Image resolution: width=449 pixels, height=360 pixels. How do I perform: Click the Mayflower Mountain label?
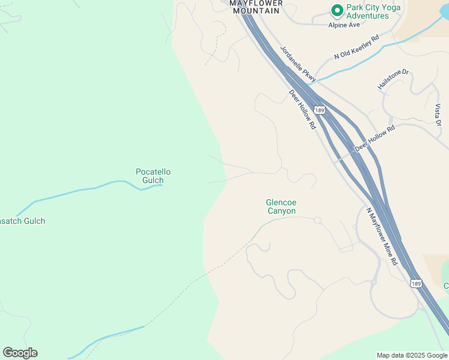(255, 7)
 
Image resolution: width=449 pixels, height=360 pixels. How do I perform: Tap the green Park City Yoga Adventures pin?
(337, 11)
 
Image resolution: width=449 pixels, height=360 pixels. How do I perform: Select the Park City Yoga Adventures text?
(367, 11)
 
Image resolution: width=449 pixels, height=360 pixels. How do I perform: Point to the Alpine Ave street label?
(344, 25)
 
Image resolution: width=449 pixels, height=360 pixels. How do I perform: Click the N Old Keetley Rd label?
(357, 47)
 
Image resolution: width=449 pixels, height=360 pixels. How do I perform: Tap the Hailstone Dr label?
(393, 80)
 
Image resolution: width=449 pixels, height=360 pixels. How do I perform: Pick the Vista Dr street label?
(438, 115)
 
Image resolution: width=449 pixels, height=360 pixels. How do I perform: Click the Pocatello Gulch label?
(153, 176)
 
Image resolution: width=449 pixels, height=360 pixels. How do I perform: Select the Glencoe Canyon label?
(281, 206)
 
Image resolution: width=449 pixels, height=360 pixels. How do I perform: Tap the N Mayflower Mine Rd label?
(382, 236)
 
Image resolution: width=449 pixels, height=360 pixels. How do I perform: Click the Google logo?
(20, 353)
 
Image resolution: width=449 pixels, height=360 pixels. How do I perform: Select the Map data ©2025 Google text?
(411, 355)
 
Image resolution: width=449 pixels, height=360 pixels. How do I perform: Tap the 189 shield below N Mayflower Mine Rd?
(416, 283)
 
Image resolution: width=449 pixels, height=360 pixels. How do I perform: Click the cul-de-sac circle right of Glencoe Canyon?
(318, 220)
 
